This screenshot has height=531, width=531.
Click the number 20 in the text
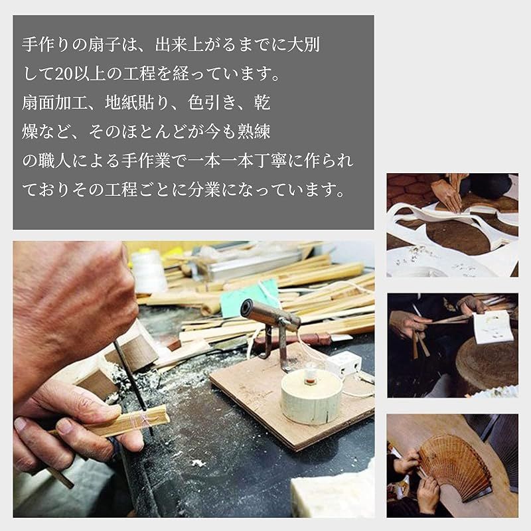click(64, 74)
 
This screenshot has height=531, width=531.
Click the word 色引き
click(212, 103)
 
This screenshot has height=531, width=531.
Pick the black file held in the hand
click(133, 383)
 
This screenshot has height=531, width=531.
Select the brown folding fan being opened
click(455, 467)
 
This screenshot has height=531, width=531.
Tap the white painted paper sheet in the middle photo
click(493, 327)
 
